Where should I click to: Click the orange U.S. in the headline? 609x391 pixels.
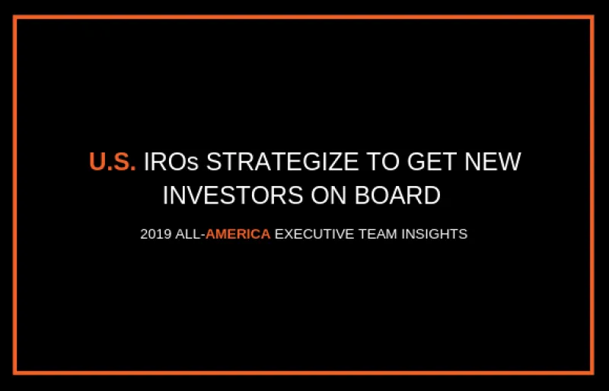(112, 162)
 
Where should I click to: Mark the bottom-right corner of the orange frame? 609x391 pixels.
(592, 373)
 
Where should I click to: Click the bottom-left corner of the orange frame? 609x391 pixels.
(15, 373)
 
